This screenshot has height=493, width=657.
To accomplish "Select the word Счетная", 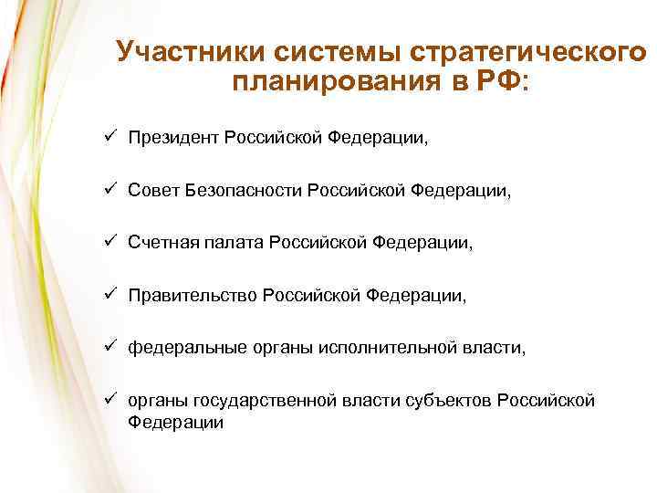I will [159, 243].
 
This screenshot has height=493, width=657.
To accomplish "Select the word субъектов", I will [445, 401].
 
